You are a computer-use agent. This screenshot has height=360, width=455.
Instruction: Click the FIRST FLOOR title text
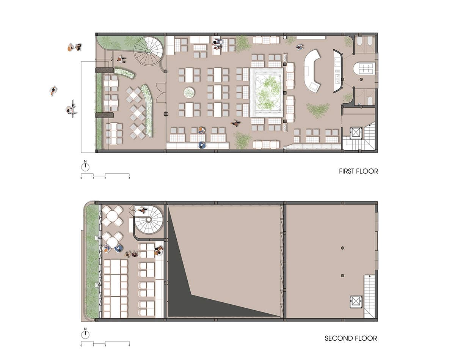[358, 171]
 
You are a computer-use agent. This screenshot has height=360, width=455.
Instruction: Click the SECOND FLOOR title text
[351, 338]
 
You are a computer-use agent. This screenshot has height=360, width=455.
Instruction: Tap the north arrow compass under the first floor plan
[85, 166]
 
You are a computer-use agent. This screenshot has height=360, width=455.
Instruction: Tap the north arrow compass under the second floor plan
[85, 333]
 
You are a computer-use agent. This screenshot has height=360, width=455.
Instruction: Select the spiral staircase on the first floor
[149, 51]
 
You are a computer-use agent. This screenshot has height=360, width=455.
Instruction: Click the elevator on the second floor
[356, 302]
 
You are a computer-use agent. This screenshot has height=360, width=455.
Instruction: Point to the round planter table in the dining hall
[189, 93]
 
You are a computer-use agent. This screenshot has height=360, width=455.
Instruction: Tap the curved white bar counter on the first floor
[313, 71]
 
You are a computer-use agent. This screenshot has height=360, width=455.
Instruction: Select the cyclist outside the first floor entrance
[71, 109]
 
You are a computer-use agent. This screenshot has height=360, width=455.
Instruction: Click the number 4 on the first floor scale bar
[129, 178]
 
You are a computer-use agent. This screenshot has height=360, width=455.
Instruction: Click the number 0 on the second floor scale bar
[81, 346]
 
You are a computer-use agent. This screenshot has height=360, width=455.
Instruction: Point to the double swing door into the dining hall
[161, 93]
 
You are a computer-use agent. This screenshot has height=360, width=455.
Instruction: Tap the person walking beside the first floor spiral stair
[121, 60]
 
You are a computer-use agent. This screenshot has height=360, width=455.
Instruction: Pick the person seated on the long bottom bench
[202, 145]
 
